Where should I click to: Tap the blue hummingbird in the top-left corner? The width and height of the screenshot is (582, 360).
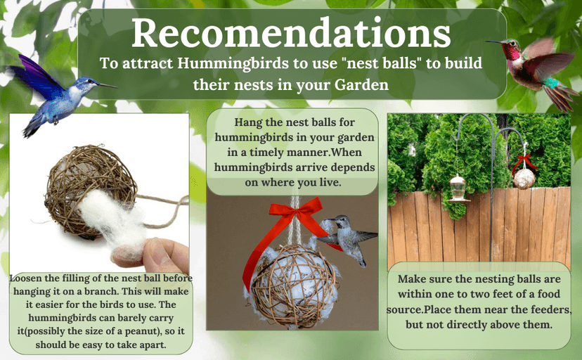pos(53,95)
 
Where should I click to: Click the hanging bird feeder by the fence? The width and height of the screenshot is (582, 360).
pos(458,186)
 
